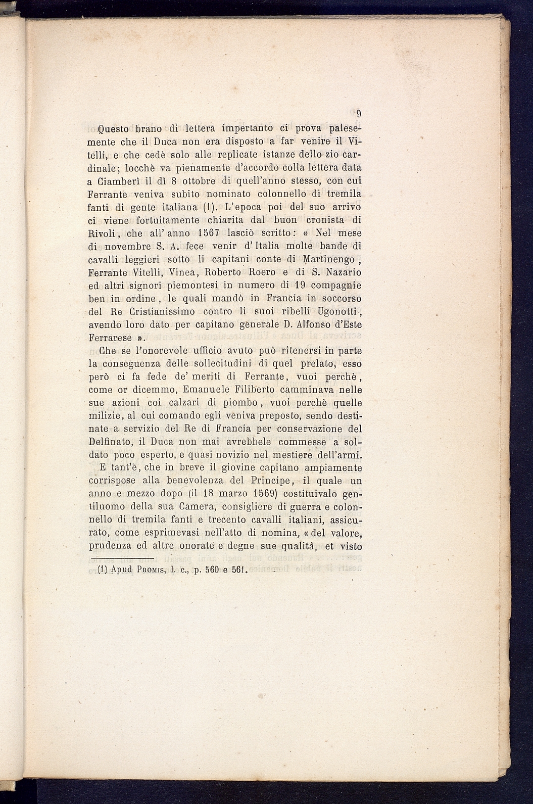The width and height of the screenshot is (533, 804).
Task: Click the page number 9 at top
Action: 358,114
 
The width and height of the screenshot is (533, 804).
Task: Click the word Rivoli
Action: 104,233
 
